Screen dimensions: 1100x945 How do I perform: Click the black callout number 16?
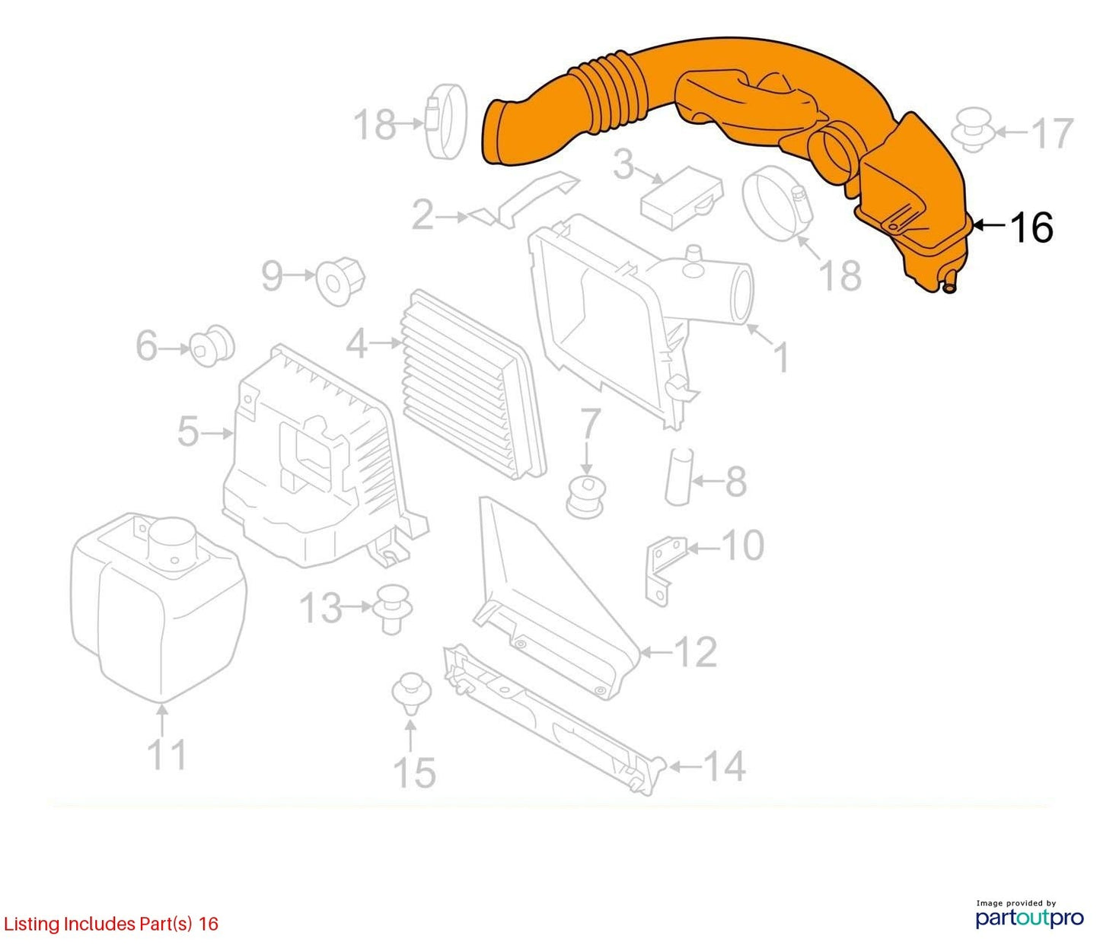(1031, 228)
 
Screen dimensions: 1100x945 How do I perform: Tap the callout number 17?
(1052, 133)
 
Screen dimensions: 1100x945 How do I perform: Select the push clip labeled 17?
(974, 132)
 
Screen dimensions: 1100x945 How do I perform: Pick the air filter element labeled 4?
(473, 384)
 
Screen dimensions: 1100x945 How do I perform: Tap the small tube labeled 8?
(678, 476)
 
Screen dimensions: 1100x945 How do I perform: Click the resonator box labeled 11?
(158, 606)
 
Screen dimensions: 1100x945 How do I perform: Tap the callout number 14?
(724, 766)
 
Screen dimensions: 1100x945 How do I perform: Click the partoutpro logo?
(1029, 916)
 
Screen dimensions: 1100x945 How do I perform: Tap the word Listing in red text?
(31, 924)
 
